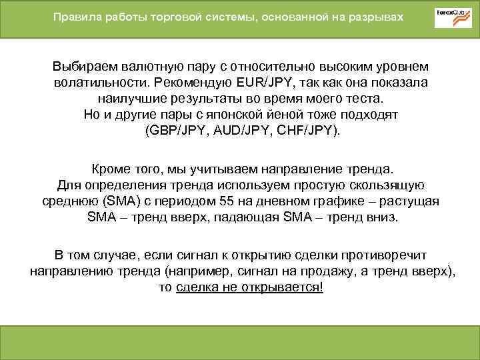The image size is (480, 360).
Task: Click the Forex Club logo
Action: click(453, 17)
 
